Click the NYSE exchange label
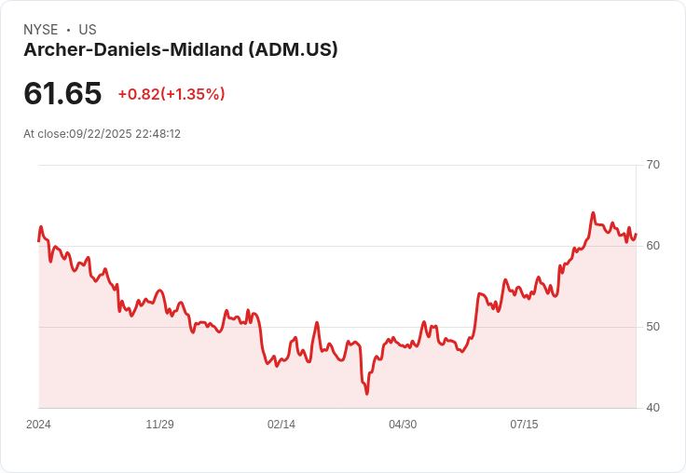pyautogui.click(x=40, y=30)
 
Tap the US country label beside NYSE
pyautogui.click(x=88, y=30)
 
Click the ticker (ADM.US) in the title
pyautogui.click(x=293, y=49)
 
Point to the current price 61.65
pyautogui.click(x=62, y=93)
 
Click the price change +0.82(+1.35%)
pyautogui.click(x=171, y=94)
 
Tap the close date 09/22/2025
pyautogui.click(x=101, y=134)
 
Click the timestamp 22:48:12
pyautogui.click(x=158, y=134)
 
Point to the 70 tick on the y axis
pyautogui.click(x=652, y=165)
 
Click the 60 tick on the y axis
pyautogui.click(x=652, y=246)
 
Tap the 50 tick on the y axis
pyautogui.click(x=652, y=327)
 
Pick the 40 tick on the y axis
pyautogui.click(x=652, y=408)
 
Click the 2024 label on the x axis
pyautogui.click(x=38, y=425)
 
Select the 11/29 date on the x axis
pyautogui.click(x=159, y=425)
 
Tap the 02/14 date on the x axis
pyautogui.click(x=281, y=425)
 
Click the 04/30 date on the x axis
pyautogui.click(x=403, y=425)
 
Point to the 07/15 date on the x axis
pyautogui.click(x=524, y=425)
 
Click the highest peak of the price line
pyautogui.click(x=593, y=213)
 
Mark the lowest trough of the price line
pyautogui.click(x=367, y=394)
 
